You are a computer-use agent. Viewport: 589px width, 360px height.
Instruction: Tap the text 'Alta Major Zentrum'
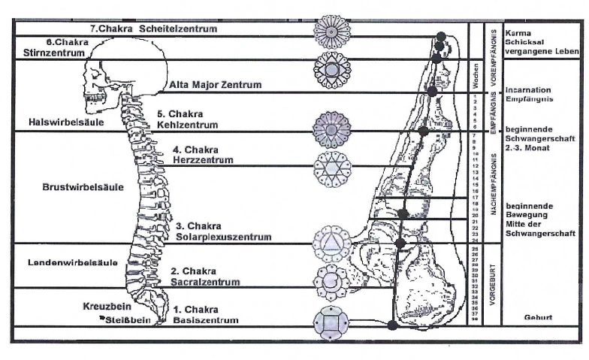(x=216, y=85)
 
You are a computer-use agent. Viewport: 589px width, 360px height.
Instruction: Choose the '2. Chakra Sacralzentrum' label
(x=204, y=277)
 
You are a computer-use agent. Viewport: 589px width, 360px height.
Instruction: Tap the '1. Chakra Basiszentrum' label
(x=205, y=315)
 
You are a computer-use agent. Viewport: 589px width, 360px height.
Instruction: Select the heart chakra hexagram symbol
(x=331, y=165)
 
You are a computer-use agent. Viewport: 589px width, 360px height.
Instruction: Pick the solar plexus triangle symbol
(x=331, y=241)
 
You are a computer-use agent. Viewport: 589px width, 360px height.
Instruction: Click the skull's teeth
(x=95, y=100)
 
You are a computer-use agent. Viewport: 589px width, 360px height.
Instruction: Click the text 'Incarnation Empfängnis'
(x=531, y=93)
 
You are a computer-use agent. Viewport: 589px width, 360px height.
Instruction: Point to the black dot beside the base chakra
(x=392, y=325)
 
